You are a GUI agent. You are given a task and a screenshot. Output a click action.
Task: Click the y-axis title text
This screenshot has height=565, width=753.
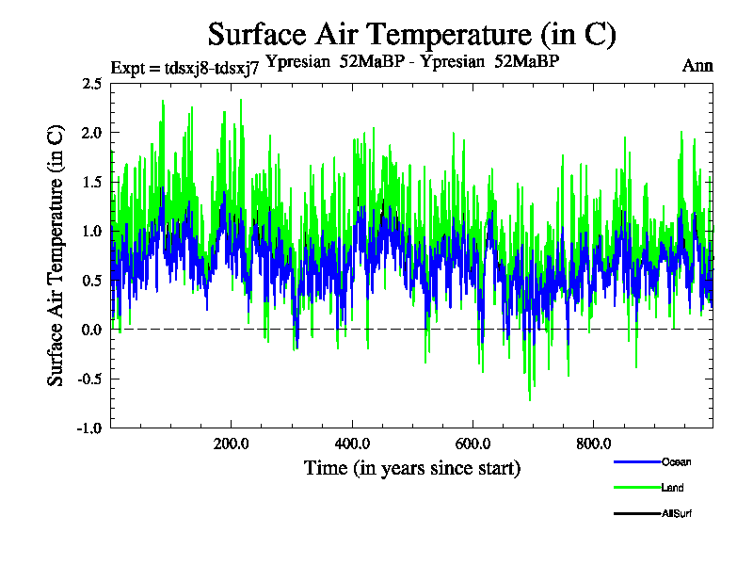pos(56,254)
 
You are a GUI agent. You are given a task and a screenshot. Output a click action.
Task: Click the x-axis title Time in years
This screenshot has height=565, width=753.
pos(411,468)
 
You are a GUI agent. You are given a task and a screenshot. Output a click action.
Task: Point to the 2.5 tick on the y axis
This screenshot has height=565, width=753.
pos(91,84)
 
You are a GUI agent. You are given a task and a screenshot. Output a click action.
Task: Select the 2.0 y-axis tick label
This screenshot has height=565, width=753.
pos(91,133)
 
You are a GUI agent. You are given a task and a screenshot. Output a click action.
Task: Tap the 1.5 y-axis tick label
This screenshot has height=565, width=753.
pos(91,182)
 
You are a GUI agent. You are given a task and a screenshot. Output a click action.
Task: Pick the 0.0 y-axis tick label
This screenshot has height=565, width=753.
pos(91,330)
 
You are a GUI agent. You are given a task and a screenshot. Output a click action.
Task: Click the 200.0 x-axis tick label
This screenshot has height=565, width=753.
pos(231,444)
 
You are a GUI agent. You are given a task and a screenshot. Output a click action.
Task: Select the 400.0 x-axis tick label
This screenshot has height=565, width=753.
pos(351,444)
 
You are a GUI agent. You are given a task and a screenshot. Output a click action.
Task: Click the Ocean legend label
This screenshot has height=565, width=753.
pos(676,462)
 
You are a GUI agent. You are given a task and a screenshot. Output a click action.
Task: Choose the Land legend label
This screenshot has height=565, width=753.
pos(672,488)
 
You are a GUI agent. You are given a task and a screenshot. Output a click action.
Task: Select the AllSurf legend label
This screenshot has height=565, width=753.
pos(678,513)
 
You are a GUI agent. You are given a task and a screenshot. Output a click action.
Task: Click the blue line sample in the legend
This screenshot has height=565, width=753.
pos(636,462)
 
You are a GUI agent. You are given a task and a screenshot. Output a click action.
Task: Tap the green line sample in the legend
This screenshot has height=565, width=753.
pos(636,488)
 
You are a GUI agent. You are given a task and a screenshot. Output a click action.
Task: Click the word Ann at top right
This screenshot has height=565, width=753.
pos(697,67)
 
